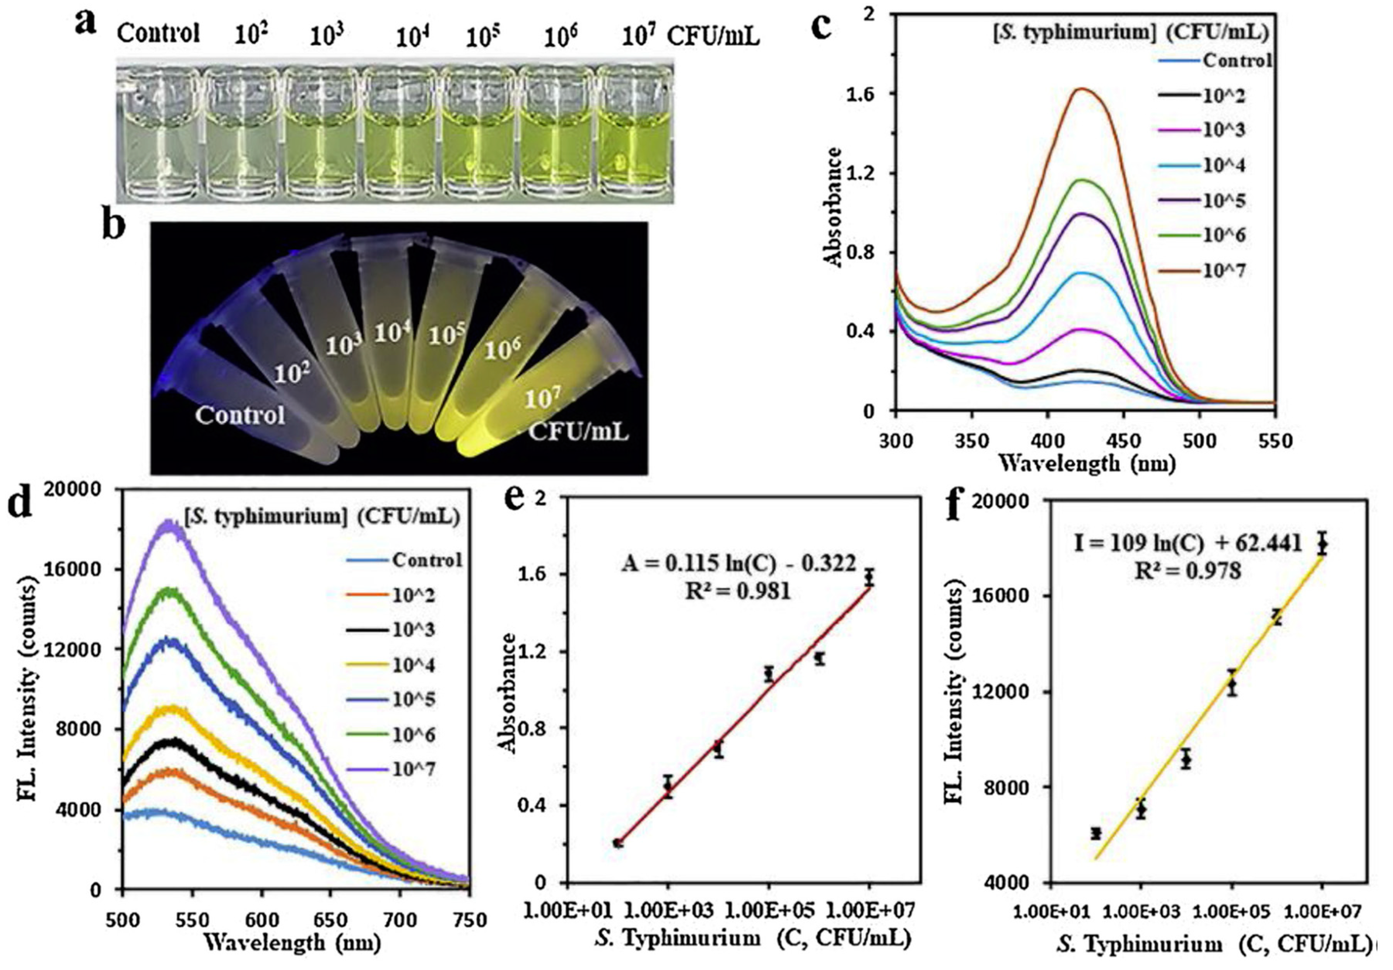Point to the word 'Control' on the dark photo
tap(240, 415)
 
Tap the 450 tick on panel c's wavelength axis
tap(1124, 441)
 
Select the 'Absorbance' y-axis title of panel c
tap(835, 206)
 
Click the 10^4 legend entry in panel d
tap(414, 665)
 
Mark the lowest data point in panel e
tap(618, 843)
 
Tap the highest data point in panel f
tap(1323, 544)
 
